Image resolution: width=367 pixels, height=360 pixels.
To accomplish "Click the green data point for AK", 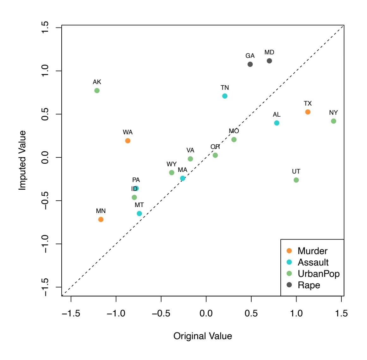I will [x=97, y=91].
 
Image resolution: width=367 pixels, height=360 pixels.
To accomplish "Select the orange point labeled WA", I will [x=128, y=141].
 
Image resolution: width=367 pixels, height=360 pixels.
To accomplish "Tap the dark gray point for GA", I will [x=250, y=64].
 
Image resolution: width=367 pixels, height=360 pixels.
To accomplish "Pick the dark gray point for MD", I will [x=269, y=61].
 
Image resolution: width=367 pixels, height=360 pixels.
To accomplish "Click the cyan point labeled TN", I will [x=225, y=96].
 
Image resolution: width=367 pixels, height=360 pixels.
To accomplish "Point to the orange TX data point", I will [x=308, y=112].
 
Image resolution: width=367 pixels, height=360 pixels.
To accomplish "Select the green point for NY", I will [x=333, y=121].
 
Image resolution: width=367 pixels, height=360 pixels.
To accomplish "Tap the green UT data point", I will [x=296, y=180].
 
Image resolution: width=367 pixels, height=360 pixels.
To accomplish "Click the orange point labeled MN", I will [x=101, y=219].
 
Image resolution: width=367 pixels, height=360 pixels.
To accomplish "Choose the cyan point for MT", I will [x=139, y=214].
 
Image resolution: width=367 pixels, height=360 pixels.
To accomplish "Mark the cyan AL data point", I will [x=277, y=123].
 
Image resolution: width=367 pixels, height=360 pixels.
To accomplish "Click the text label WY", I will [x=172, y=164].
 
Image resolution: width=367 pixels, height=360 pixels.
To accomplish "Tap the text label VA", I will [x=190, y=150].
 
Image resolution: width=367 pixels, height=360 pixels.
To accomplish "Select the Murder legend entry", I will [x=312, y=251].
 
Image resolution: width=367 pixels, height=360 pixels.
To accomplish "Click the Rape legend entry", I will [x=309, y=285].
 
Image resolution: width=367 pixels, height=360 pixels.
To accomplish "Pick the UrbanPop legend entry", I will [x=318, y=274].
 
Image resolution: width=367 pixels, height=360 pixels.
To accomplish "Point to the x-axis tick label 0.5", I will [x=251, y=314].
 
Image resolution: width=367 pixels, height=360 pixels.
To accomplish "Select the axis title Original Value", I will [x=203, y=336].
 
